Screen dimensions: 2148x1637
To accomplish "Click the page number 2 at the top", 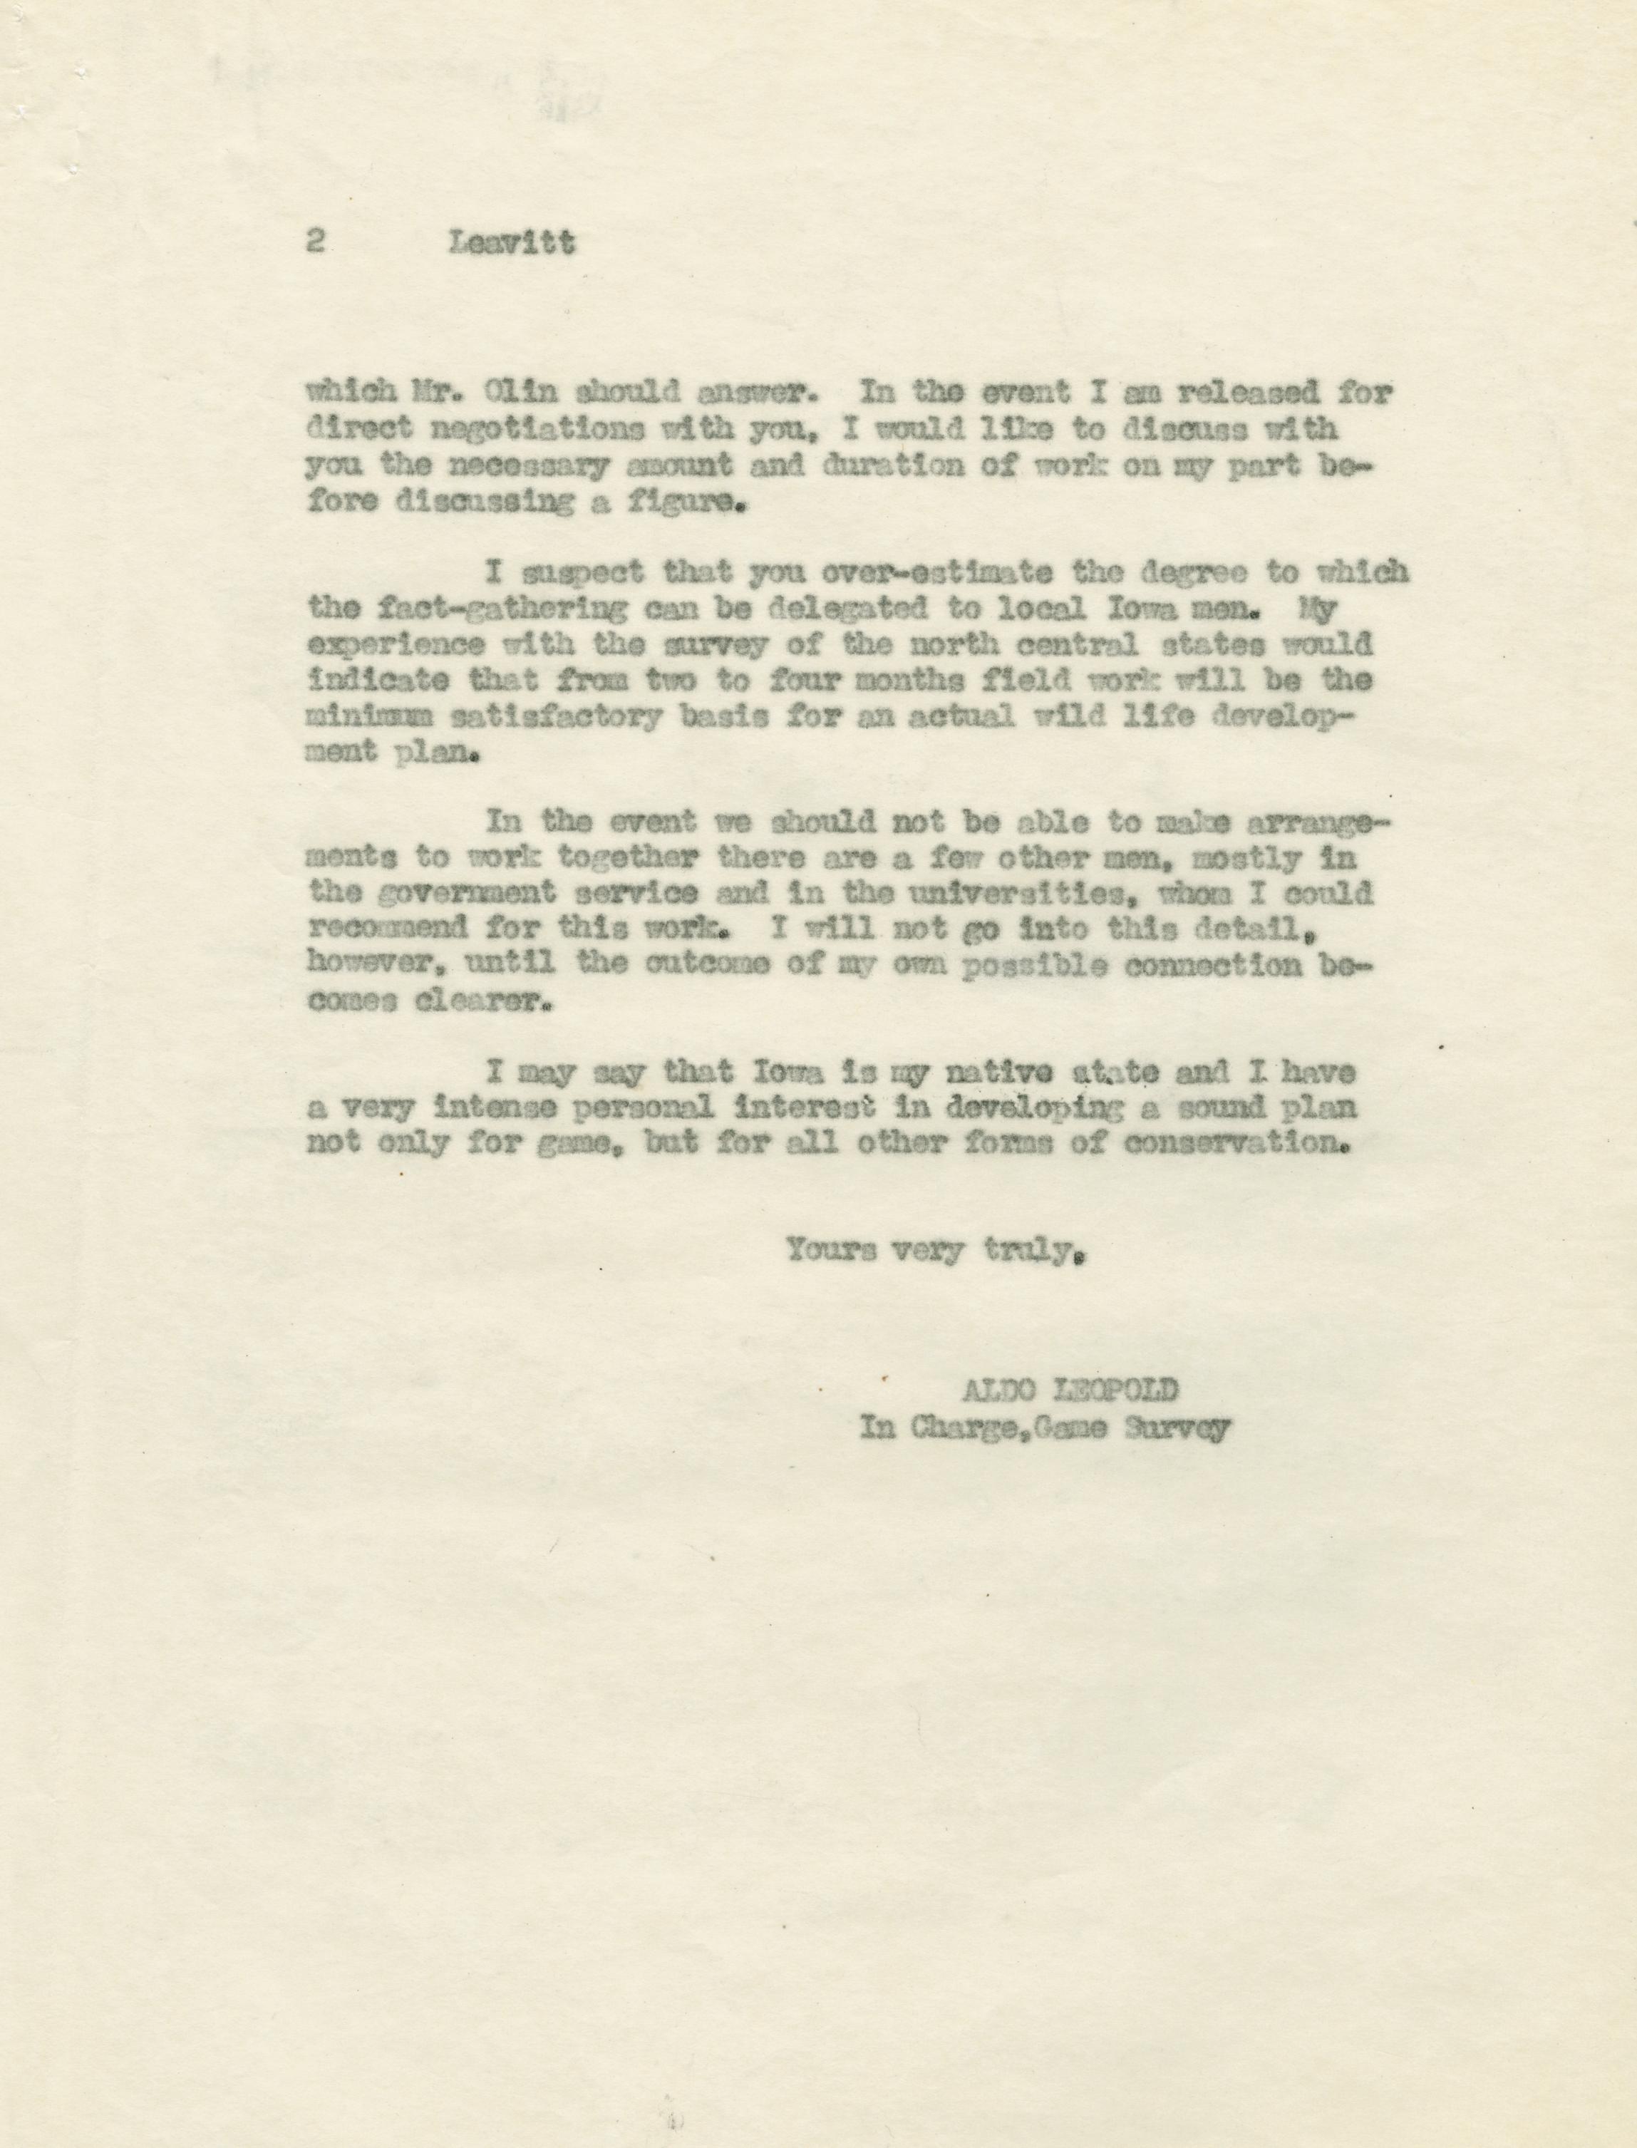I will coord(314,242).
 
